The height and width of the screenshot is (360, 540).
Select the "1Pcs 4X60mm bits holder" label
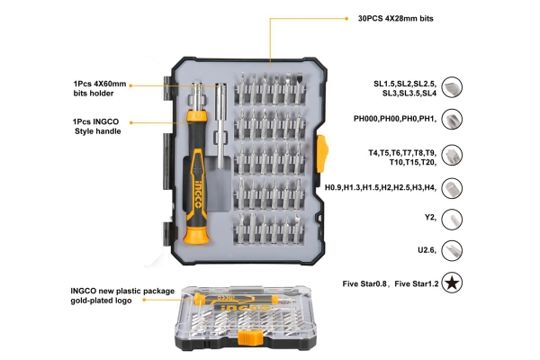coord(100,87)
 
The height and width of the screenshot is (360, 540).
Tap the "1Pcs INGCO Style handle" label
coord(96,127)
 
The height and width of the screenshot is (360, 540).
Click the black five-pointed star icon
coord(454,283)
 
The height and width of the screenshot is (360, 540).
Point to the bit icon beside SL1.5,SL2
coord(454,86)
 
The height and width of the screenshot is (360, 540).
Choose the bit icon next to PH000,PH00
coord(454,120)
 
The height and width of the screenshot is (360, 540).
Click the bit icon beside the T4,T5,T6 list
coord(454,156)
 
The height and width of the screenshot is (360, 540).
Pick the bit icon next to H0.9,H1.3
coord(454,187)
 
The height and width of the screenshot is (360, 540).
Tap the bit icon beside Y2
coord(454,218)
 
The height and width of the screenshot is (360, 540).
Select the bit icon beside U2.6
coord(454,249)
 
